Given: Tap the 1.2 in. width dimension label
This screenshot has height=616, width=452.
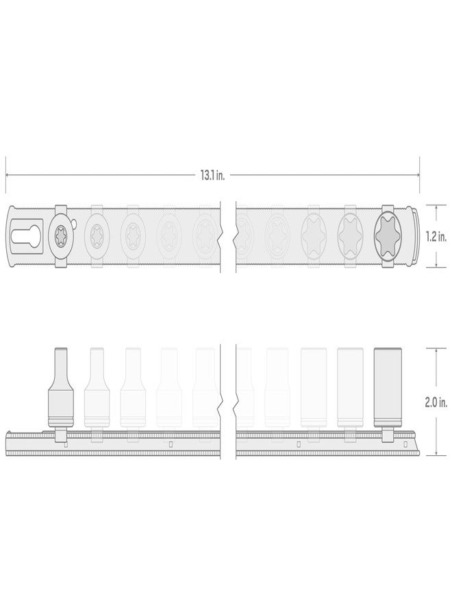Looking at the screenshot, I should point(436,236).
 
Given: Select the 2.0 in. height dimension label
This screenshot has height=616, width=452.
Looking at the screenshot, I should point(436,402).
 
